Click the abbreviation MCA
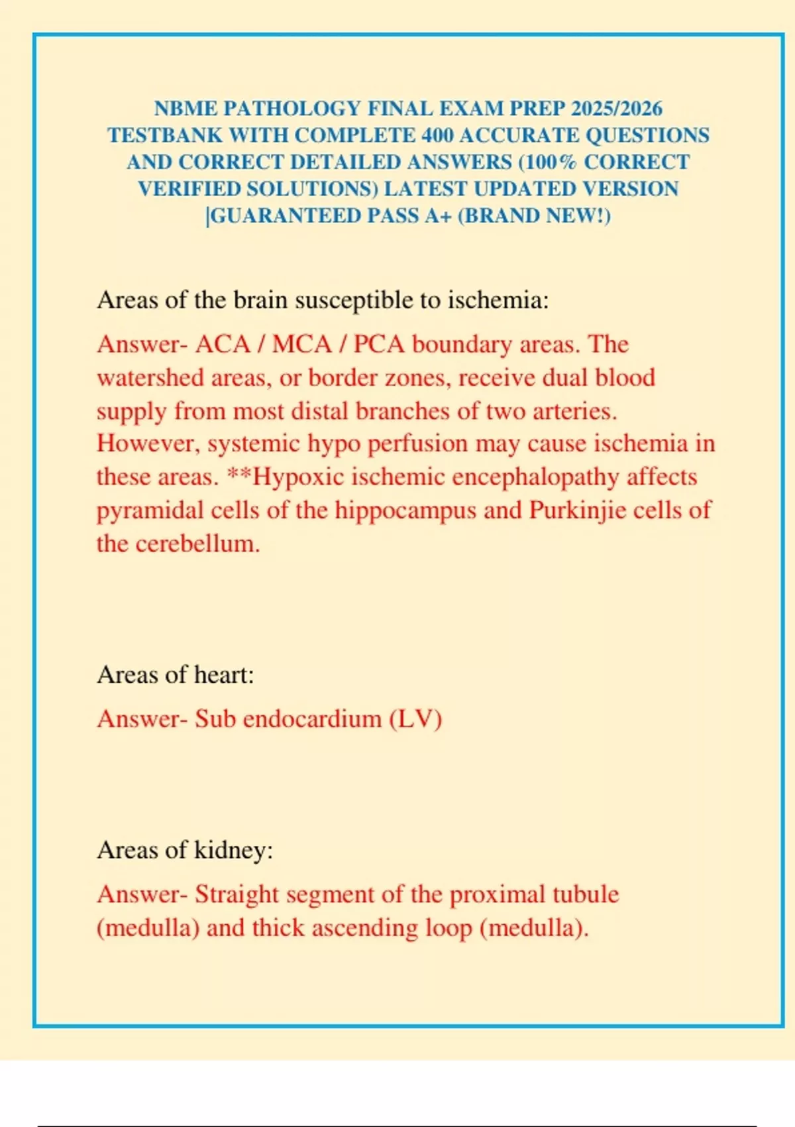(301, 344)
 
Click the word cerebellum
(197, 544)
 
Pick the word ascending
(365, 927)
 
